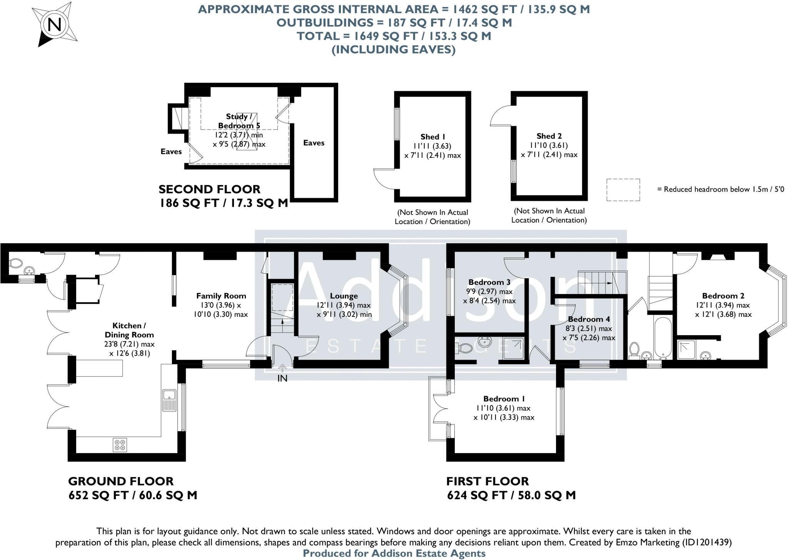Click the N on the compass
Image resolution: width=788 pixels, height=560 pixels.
point(55,25)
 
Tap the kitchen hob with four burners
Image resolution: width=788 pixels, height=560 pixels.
point(120,445)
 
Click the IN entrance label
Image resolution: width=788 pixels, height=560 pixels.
point(282,378)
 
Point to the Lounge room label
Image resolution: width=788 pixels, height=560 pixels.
point(344,296)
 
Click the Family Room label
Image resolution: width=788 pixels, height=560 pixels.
point(221,296)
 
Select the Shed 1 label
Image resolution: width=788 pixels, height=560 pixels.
point(432,137)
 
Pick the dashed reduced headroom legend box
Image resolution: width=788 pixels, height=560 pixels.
point(623,190)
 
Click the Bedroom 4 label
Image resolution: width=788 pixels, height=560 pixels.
point(589,319)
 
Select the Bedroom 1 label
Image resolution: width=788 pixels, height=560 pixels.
point(504,399)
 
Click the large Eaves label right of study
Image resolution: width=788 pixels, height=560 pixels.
point(314,143)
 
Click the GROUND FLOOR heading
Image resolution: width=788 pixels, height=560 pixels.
point(121,481)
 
